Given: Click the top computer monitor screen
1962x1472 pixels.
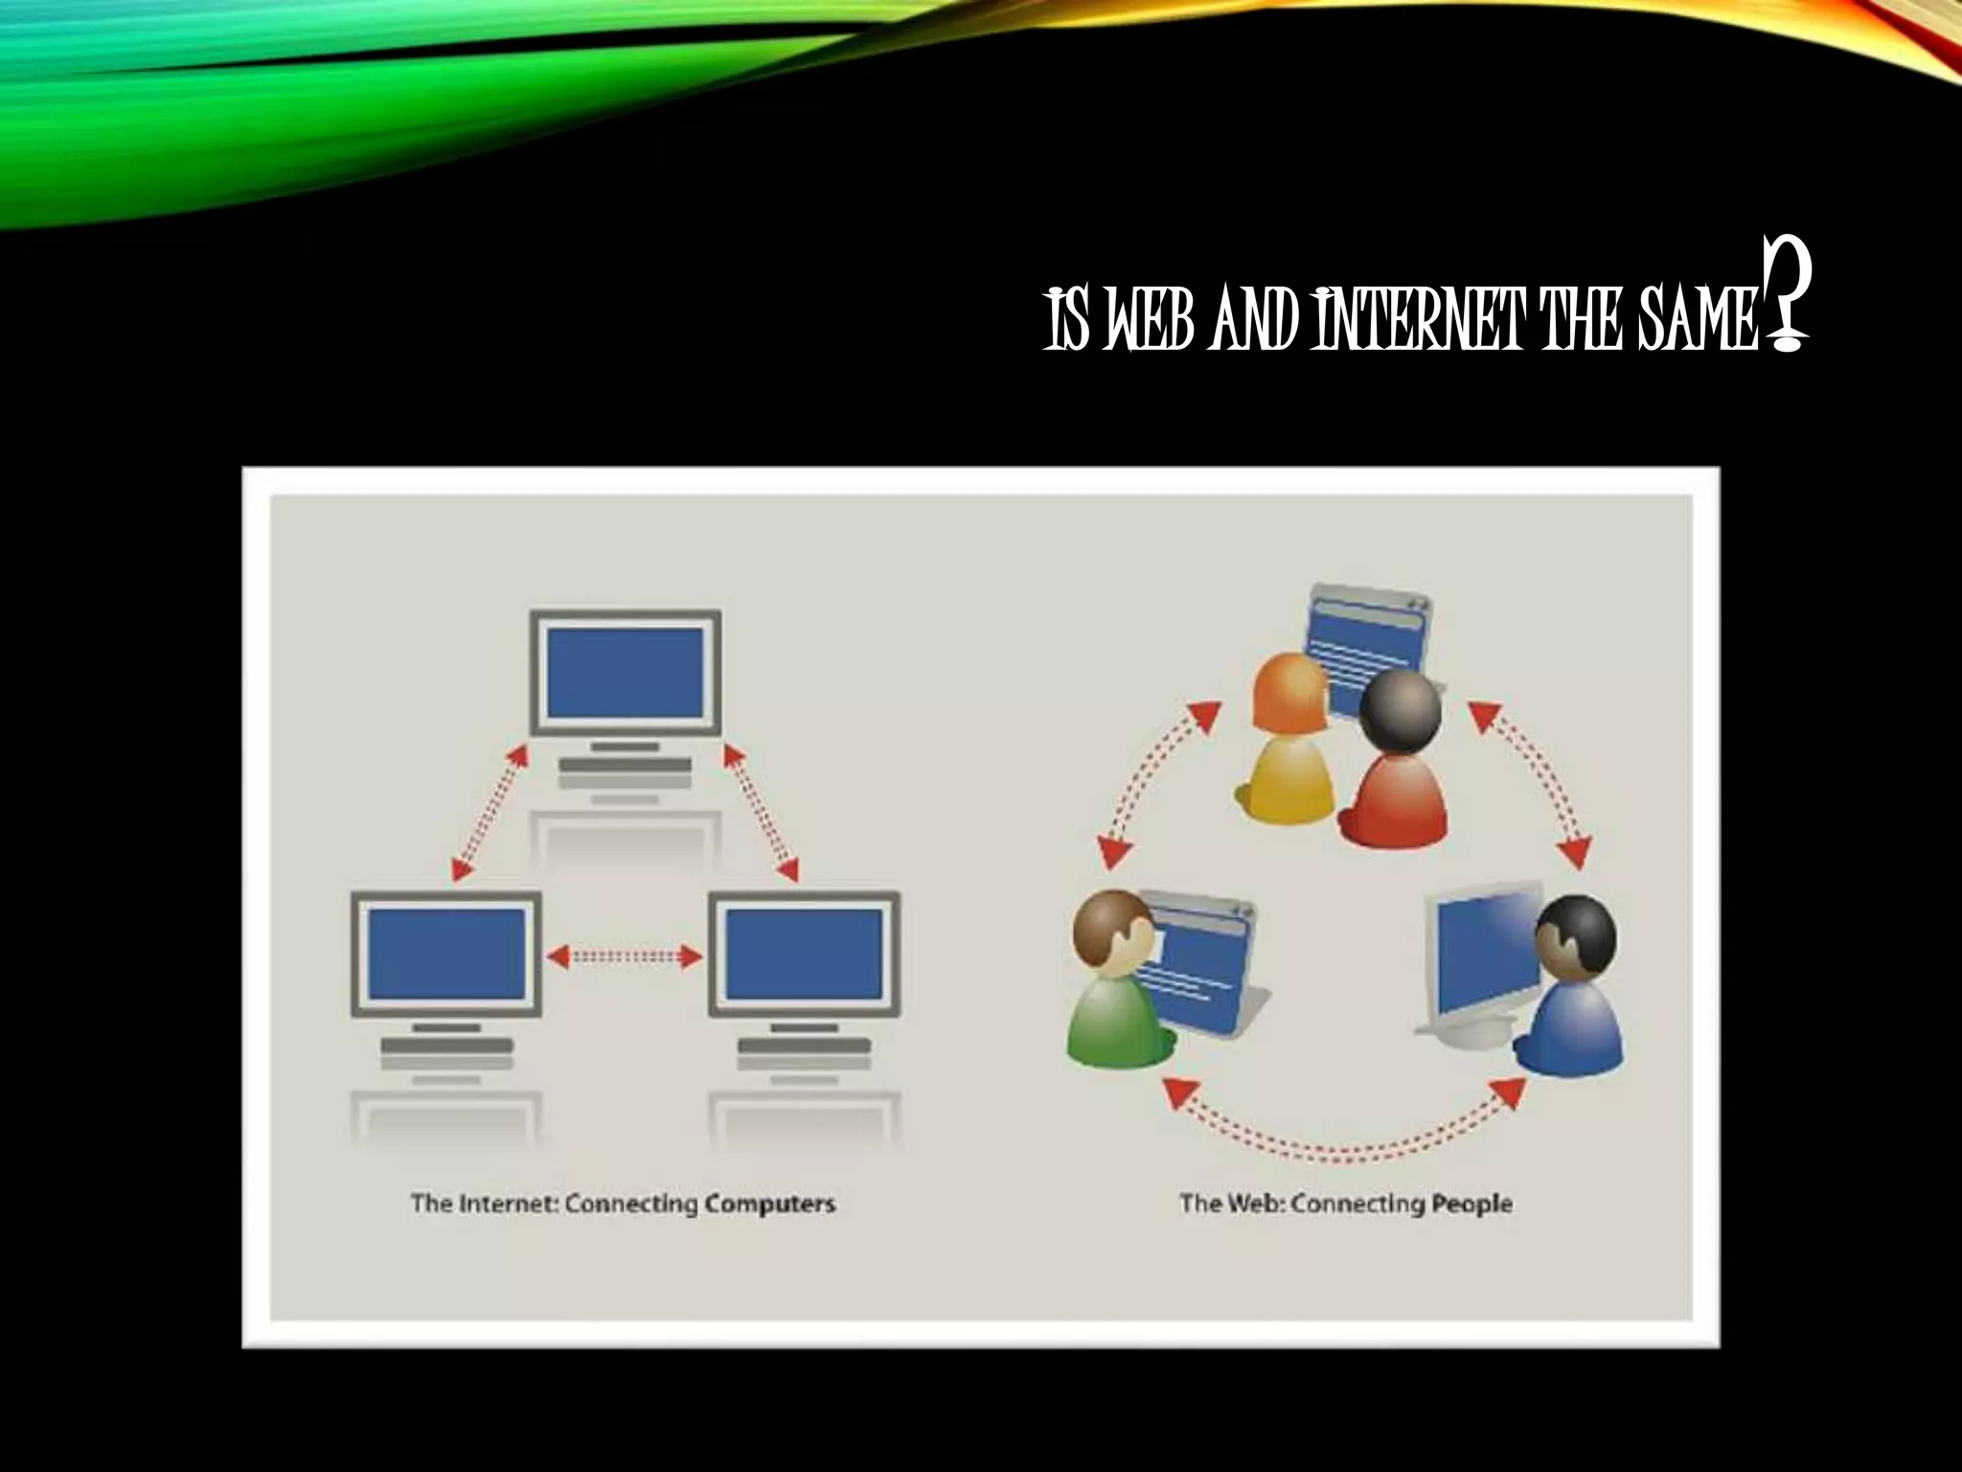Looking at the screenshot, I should coord(625,673).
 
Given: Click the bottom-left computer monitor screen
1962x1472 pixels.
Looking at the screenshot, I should coord(446,954).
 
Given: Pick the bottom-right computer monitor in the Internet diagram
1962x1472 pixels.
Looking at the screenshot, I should coord(804,954).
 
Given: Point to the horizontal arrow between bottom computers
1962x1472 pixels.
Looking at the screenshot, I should coord(625,955).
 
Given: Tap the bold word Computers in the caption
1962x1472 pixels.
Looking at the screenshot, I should coord(770,1204).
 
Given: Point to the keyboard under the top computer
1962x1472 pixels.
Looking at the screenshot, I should coord(625,765).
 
